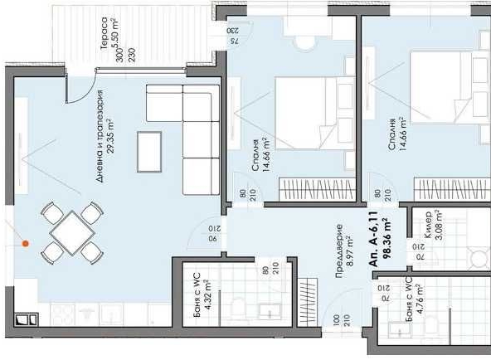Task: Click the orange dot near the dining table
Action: tap(26, 244)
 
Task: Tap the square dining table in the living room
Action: tap(70, 232)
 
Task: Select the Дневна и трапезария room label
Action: tap(99, 137)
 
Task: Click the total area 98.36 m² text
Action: tap(386, 241)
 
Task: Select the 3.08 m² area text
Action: tap(439, 226)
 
